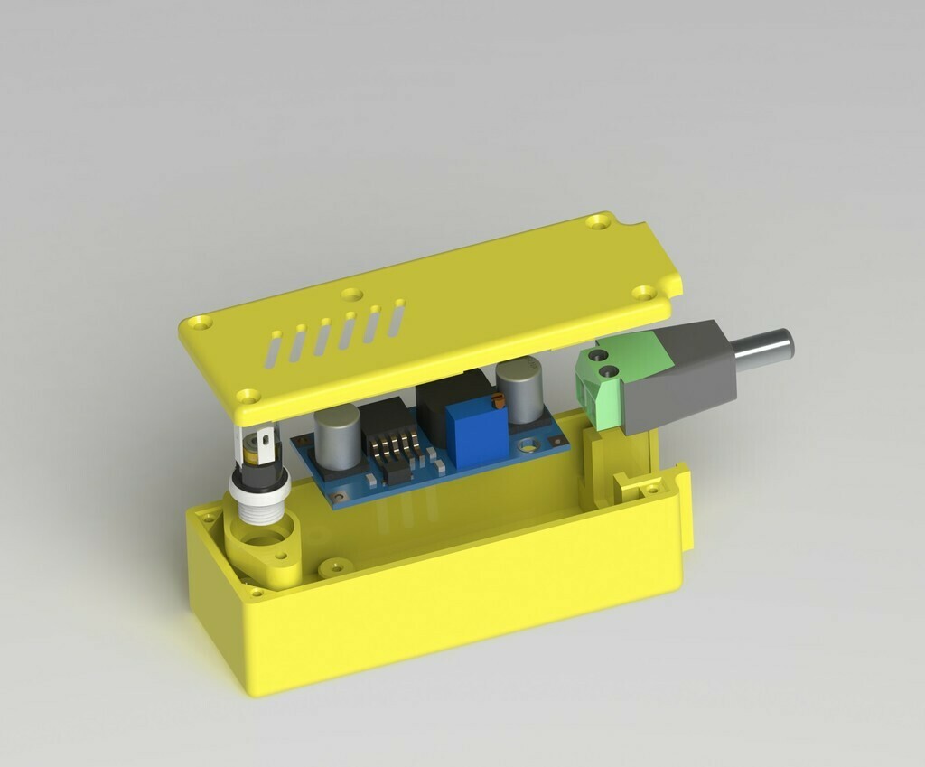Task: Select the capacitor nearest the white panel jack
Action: point(336,436)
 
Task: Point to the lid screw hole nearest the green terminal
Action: point(644,292)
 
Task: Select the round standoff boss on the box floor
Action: point(335,566)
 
